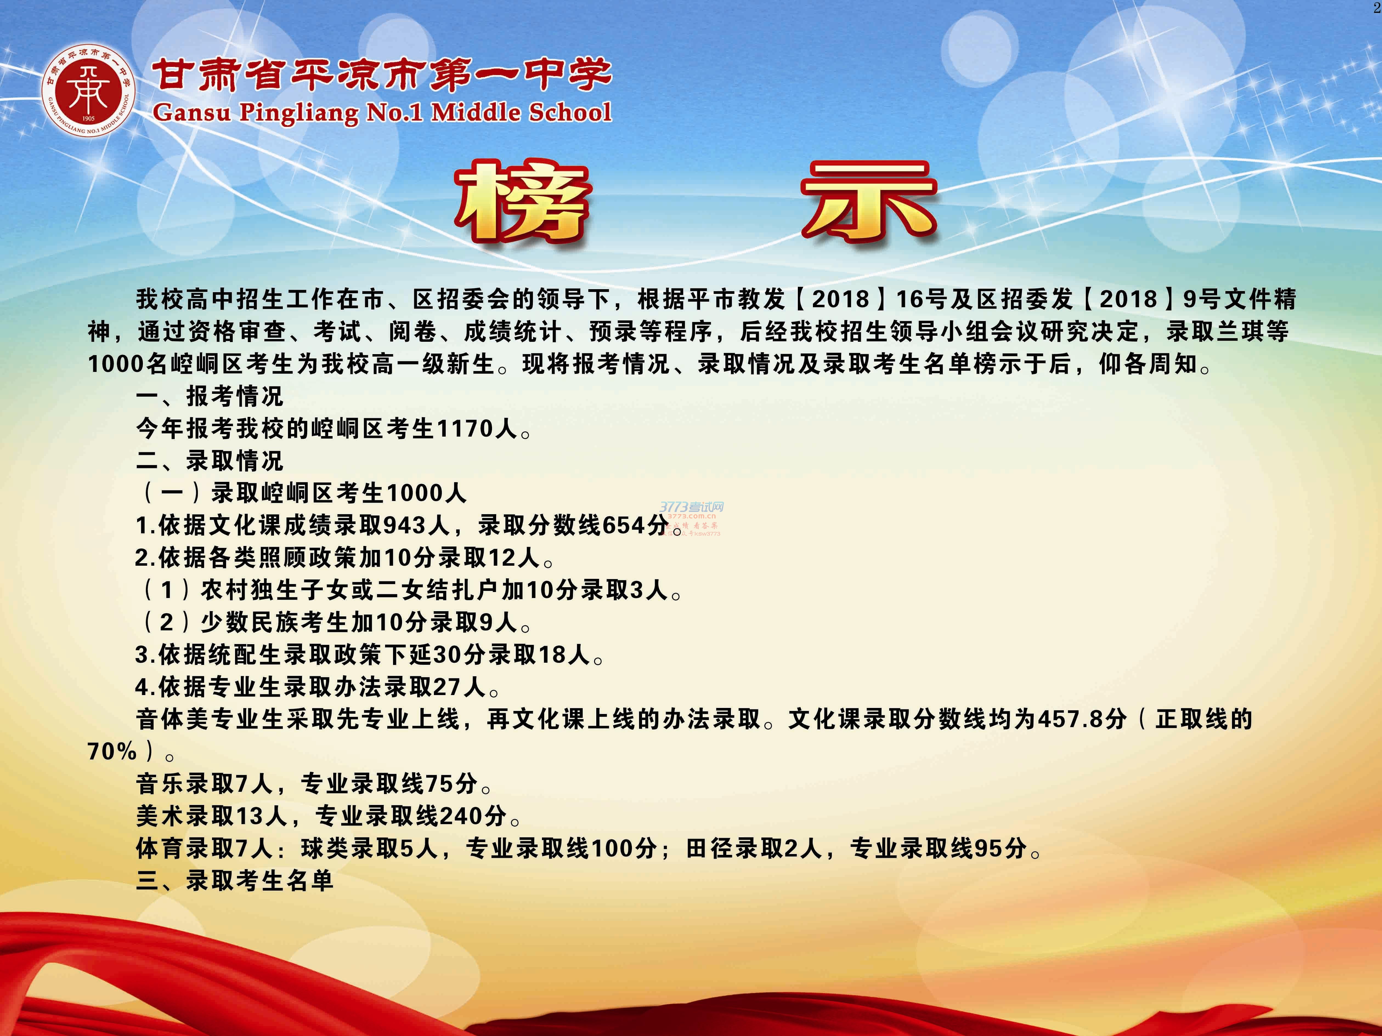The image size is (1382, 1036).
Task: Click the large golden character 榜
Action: click(x=522, y=202)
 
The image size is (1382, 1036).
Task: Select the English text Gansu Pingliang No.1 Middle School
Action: click(x=382, y=112)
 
